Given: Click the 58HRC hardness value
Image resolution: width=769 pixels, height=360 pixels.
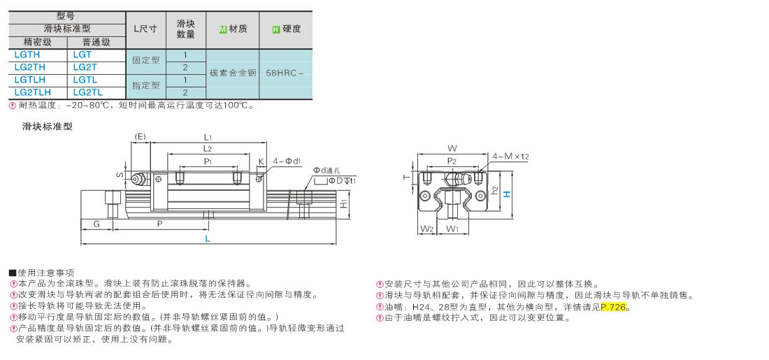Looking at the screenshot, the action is click(285, 73).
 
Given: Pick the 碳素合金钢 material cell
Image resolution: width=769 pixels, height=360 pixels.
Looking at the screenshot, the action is click(233, 73).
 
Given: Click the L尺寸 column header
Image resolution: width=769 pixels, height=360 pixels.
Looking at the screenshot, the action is click(145, 29).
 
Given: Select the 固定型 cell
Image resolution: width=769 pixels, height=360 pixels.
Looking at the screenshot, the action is click(145, 61).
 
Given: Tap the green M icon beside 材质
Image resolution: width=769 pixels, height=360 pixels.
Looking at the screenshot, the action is click(222, 29).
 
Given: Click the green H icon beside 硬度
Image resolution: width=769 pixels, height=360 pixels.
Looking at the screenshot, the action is click(275, 29).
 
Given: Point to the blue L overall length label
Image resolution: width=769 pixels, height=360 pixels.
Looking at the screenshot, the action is click(208, 239).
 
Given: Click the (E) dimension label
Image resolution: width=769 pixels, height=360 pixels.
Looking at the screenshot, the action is click(140, 136).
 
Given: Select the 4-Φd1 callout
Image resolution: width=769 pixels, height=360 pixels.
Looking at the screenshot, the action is click(287, 161).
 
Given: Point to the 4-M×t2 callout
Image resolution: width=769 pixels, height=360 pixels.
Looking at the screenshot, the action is click(510, 157).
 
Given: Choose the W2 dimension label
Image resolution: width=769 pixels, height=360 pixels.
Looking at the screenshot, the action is click(426, 228).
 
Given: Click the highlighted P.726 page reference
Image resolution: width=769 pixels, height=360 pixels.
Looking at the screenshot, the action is click(614, 308).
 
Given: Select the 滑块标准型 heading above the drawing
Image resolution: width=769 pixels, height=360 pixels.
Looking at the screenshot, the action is click(48, 127).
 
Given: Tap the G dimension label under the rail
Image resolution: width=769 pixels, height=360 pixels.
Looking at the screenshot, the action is click(96, 224).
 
